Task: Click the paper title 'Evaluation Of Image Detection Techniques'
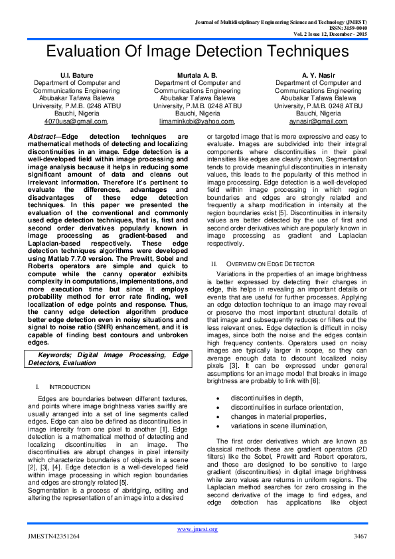tap(197, 54)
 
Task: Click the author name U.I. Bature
tap(76, 75)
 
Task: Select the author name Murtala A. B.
tap(197, 75)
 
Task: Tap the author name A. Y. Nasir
tap(318, 75)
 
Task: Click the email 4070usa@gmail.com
tap(76, 121)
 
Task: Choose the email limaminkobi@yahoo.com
tap(197, 121)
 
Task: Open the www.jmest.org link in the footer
tap(197, 528)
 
